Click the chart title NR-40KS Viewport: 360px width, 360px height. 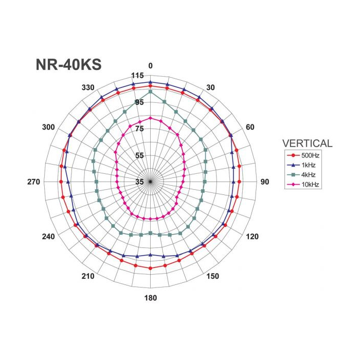click(x=68, y=64)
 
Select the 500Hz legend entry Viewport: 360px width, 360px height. click(x=303, y=155)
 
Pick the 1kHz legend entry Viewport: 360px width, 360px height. click(x=301, y=165)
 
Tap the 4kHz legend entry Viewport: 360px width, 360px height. click(x=301, y=175)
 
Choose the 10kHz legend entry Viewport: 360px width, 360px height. click(x=303, y=184)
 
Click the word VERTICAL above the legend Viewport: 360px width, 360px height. click(x=307, y=143)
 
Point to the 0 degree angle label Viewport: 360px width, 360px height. click(x=150, y=66)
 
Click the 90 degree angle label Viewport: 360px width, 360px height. click(x=264, y=182)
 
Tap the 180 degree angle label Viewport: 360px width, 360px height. click(x=151, y=298)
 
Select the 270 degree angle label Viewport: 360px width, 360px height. click(x=34, y=182)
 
